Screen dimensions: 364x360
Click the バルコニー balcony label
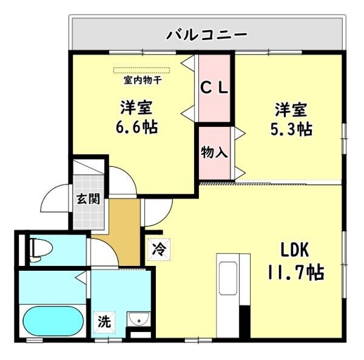(207, 35)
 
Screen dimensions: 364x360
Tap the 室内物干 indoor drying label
(143, 80)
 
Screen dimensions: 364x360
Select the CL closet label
(215, 88)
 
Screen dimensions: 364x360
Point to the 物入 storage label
(214, 152)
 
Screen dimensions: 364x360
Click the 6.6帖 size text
(136, 127)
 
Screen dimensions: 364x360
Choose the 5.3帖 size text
(291, 129)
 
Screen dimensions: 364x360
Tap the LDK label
(295, 250)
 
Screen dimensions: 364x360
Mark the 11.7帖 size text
(296, 272)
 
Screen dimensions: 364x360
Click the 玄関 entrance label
(88, 199)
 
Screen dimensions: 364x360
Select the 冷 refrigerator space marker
(159, 250)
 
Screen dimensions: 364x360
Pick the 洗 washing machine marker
(104, 322)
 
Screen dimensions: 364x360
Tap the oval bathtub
(53, 321)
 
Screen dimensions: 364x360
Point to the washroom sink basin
(139, 319)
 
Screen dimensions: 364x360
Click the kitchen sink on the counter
(229, 279)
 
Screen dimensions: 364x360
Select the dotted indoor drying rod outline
(141, 70)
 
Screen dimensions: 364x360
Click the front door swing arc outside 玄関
(49, 191)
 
